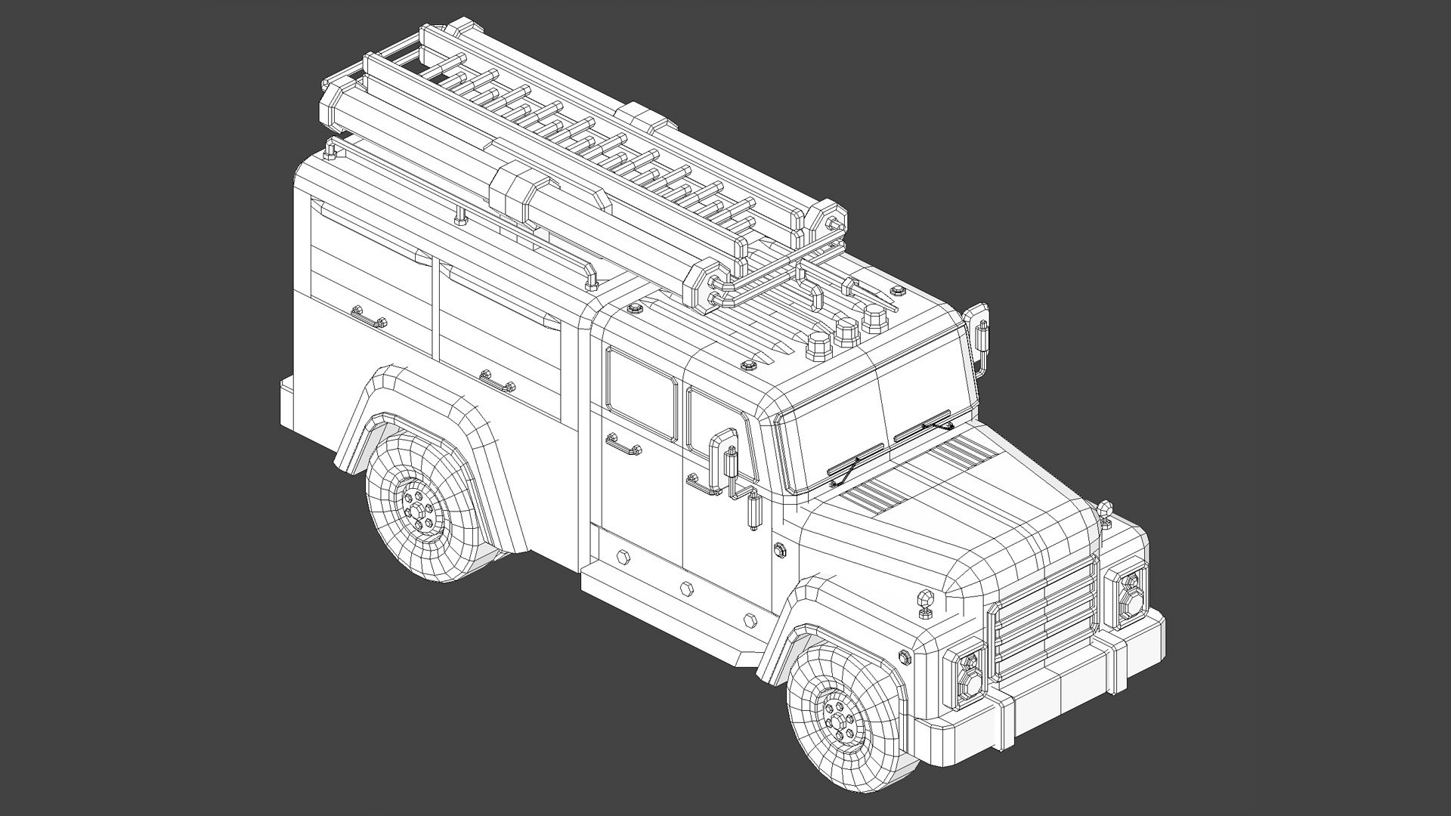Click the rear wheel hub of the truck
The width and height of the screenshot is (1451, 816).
click(418, 511)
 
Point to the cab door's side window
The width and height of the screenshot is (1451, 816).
click(641, 393)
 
